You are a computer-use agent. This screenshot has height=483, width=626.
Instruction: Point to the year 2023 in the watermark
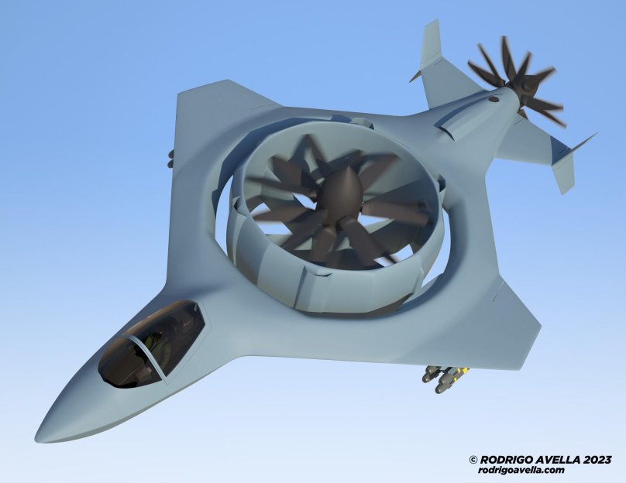pyautogui.click(x=597, y=460)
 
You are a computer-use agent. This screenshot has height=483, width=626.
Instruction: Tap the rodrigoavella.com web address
pyautogui.click(x=521, y=470)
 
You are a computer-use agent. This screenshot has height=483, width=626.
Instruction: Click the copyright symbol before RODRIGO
pyautogui.click(x=473, y=460)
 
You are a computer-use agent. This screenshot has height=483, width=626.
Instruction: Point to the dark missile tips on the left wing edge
pyautogui.click(x=171, y=159)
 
